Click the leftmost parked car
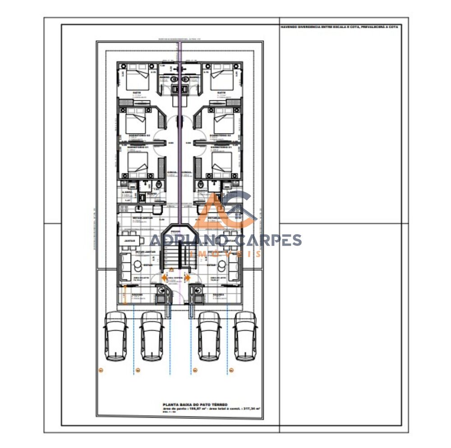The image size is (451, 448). click(115, 336)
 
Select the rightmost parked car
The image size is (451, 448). click(245, 336)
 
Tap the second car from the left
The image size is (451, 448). click(152, 336)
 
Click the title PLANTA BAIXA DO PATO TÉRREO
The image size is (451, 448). click(195, 405)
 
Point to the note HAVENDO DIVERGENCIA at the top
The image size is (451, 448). click(339, 27)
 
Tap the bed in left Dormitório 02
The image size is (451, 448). click(136, 121)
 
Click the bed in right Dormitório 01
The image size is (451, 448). click(222, 163)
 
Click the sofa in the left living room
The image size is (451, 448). click(125, 266)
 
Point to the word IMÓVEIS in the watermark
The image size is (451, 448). click(225, 254)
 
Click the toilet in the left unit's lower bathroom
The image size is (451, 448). click(159, 185)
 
